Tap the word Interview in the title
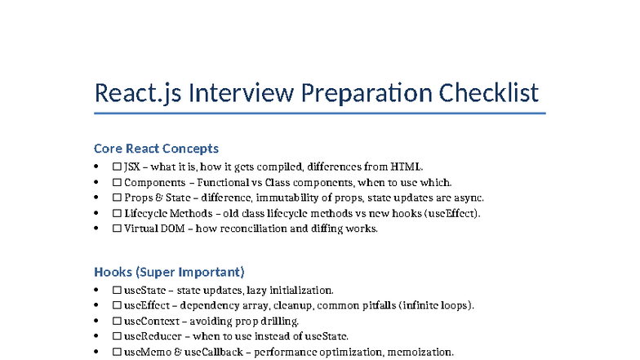click(x=241, y=93)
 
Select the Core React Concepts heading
click(x=156, y=149)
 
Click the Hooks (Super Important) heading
click(x=169, y=272)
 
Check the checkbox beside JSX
click(x=117, y=167)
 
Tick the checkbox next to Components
click(x=117, y=183)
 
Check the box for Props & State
click(x=117, y=198)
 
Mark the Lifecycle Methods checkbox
click(x=117, y=214)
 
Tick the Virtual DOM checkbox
click(x=117, y=229)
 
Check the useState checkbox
click(x=117, y=291)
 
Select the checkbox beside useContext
click(x=117, y=322)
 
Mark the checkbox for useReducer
click(x=117, y=336)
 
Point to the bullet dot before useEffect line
click(x=96, y=306)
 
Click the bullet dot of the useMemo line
click(x=96, y=352)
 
